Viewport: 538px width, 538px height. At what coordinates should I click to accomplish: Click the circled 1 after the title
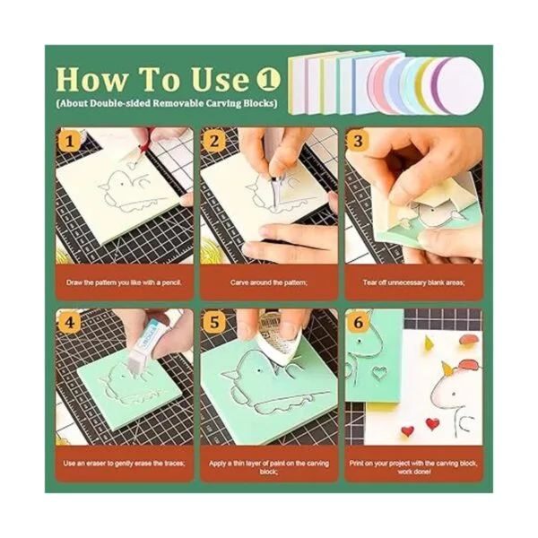pos(269,79)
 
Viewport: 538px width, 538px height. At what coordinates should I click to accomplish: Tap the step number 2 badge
pos(213,141)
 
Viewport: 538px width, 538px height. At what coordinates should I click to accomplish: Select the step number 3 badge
pos(358,141)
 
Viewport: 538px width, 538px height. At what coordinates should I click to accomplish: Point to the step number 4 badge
pos(70,323)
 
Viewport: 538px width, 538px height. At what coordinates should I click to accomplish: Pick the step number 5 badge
pos(213,323)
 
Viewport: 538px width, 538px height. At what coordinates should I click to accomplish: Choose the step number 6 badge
pos(358,323)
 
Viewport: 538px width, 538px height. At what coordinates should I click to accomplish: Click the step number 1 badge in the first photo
pos(70,141)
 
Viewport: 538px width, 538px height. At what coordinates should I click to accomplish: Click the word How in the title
pos(91,80)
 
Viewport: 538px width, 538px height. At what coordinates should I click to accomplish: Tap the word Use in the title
pos(220,80)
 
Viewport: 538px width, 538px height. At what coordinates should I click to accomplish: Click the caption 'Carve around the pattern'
pos(269,282)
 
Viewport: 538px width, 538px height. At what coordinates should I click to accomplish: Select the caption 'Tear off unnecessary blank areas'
pos(413,282)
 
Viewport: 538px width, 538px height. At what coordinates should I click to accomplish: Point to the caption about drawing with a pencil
pos(124,282)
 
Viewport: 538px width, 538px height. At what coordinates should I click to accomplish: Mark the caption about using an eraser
pos(125,464)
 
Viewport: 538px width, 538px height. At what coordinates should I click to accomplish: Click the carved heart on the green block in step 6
pos(378,373)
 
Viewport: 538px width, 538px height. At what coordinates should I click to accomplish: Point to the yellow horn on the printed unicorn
pos(446,368)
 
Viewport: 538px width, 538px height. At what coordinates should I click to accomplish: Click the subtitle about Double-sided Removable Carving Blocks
pos(167,103)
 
